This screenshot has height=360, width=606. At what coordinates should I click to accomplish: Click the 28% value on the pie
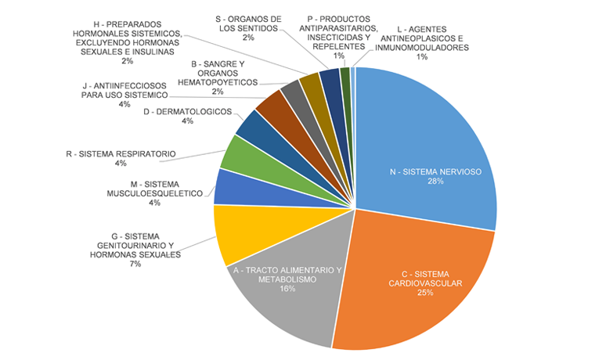tap(435, 182)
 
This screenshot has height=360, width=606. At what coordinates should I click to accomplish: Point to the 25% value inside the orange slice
tap(424, 294)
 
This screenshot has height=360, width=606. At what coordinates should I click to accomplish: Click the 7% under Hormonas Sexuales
tap(135, 264)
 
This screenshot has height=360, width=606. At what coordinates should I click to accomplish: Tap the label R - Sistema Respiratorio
tap(121, 153)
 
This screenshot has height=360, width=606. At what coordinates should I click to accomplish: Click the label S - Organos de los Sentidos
tap(249, 23)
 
